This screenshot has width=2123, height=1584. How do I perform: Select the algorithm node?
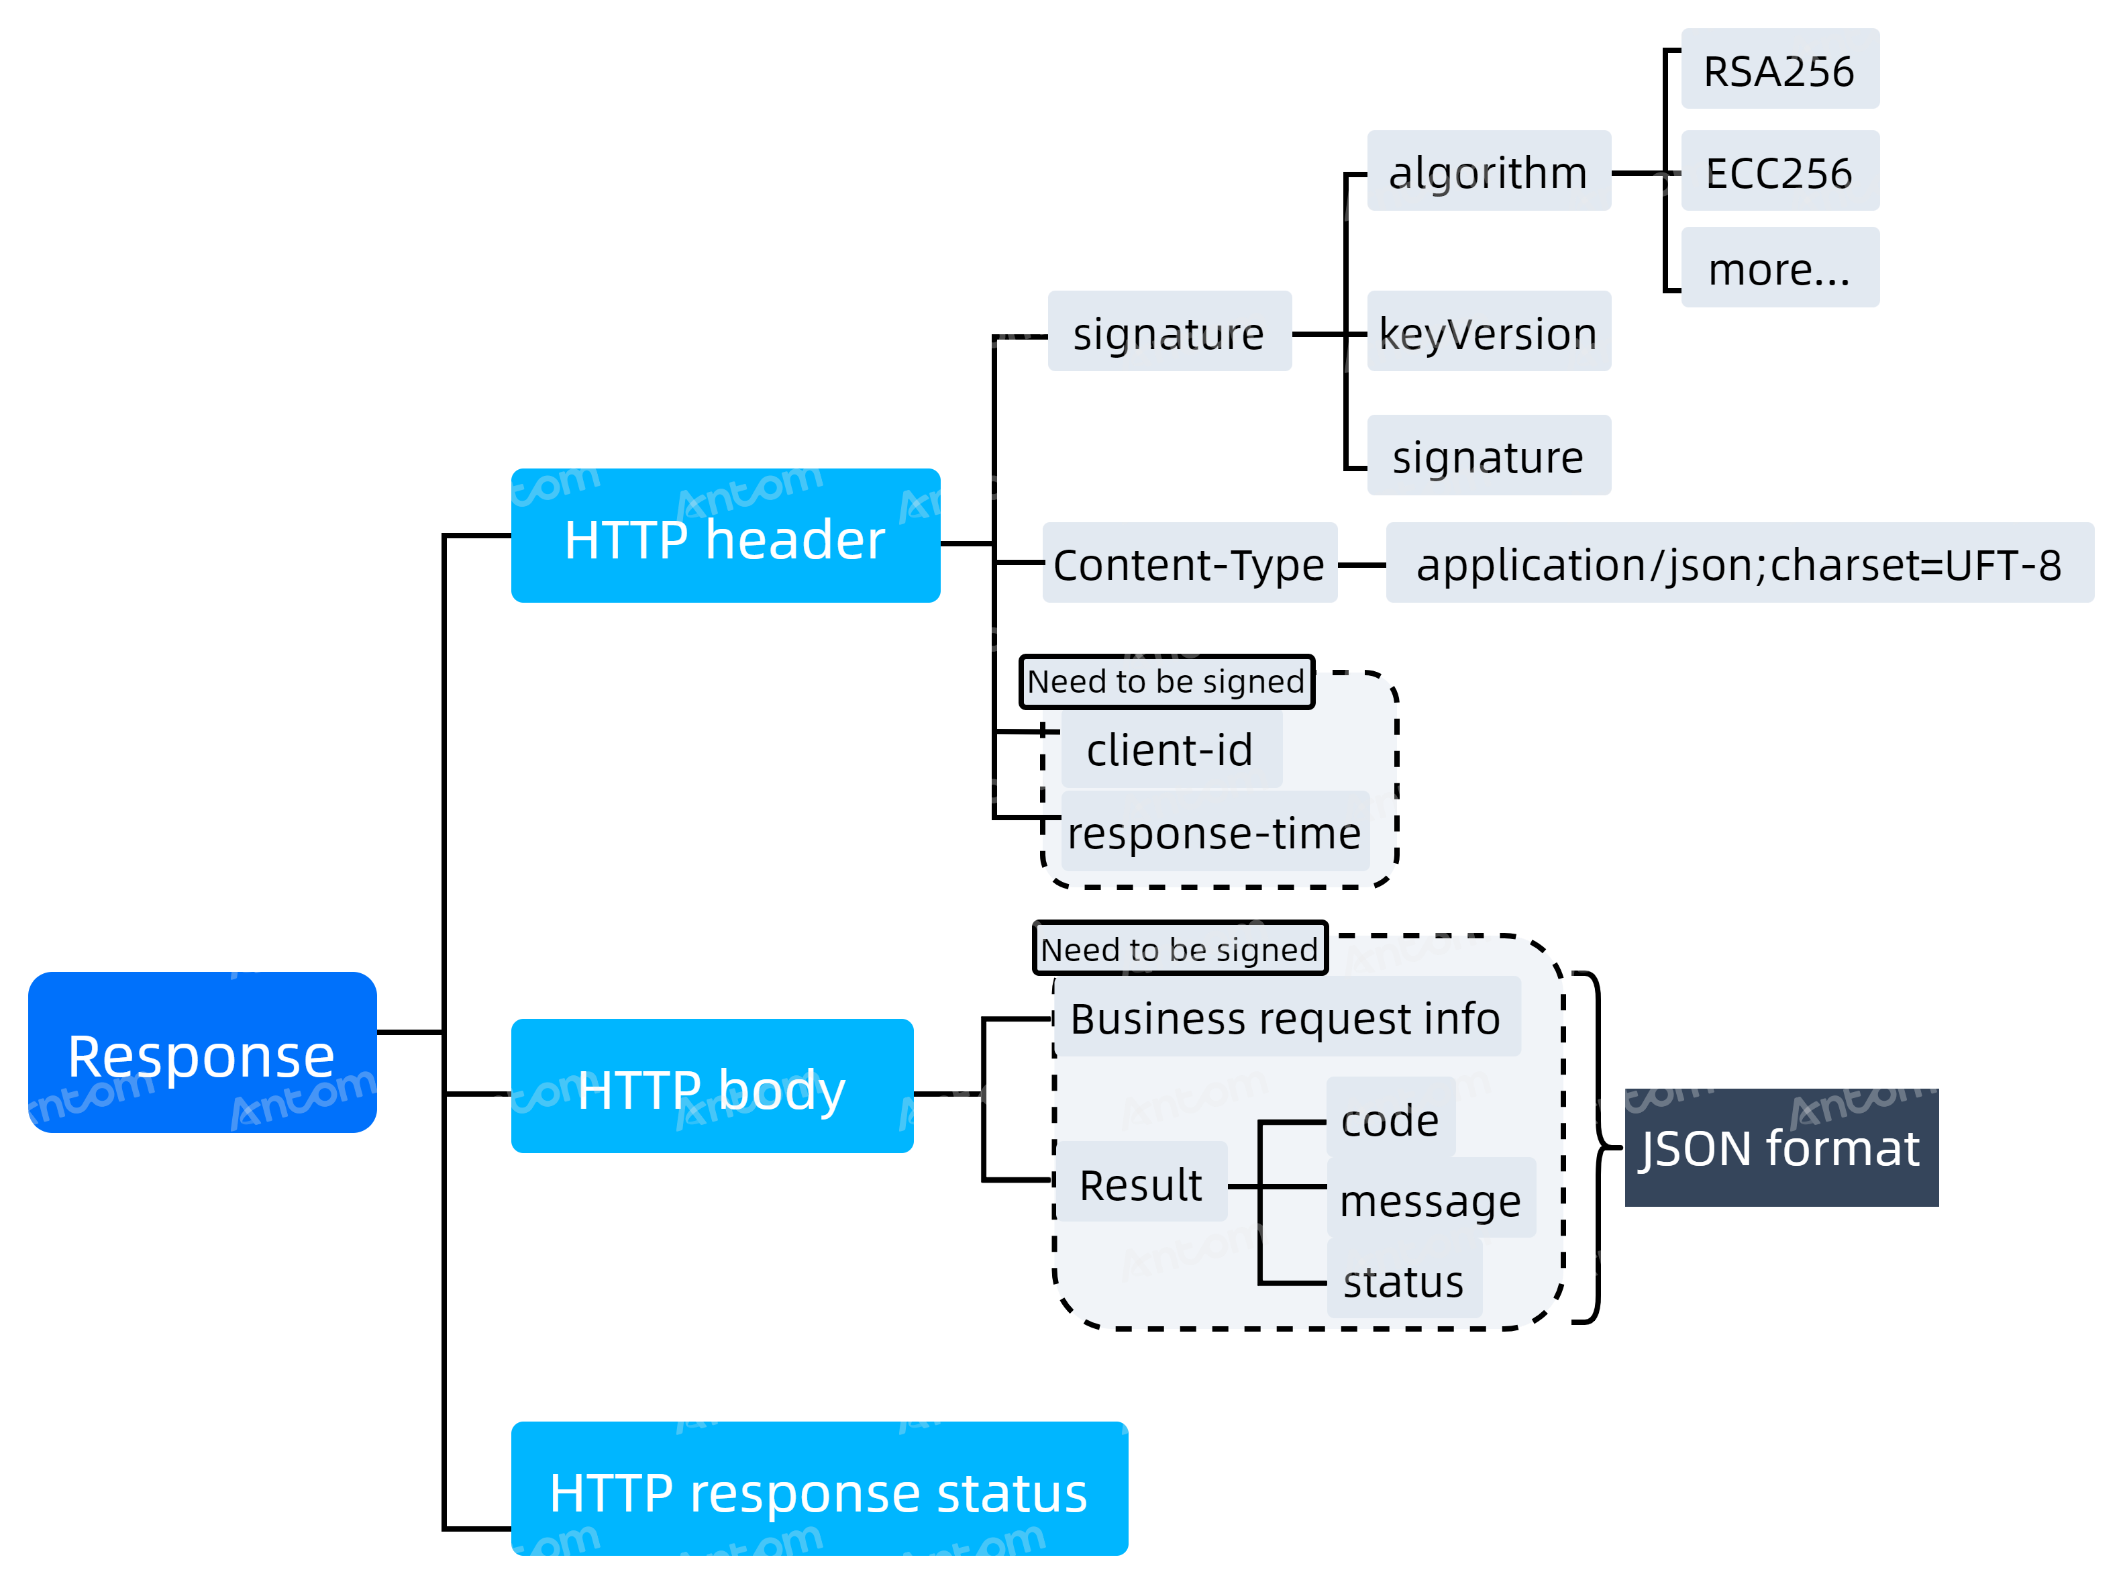(1488, 170)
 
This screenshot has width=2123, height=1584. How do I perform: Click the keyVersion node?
(1488, 331)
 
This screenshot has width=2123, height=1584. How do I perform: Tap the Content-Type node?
(1190, 563)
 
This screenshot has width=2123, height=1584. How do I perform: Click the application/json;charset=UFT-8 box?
(1740, 563)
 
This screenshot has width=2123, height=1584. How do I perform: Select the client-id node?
(1172, 748)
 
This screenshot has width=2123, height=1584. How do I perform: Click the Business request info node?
(1287, 1016)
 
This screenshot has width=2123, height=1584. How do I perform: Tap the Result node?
(1141, 1181)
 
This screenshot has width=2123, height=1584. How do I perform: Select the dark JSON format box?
(1781, 1147)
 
